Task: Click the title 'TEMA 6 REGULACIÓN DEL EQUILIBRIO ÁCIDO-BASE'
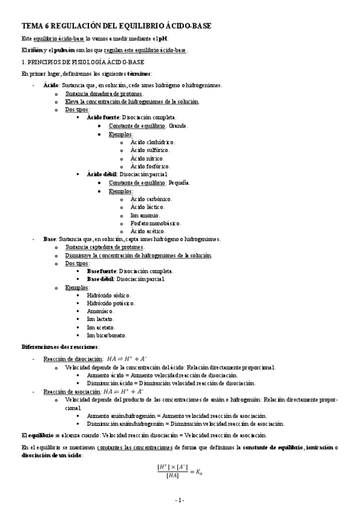click(116, 26)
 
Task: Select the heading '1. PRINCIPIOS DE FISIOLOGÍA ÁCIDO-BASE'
click(82, 62)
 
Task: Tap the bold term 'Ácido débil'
click(102, 174)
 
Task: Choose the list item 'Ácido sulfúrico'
click(150, 150)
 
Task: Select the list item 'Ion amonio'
click(145, 215)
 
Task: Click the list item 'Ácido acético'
click(148, 231)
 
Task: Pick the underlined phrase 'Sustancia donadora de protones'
click(104, 94)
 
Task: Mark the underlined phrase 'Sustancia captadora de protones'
click(105, 247)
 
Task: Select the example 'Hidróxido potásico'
click(110, 304)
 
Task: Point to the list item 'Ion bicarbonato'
click(106, 336)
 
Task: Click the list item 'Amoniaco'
click(100, 312)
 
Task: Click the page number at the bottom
click(179, 500)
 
